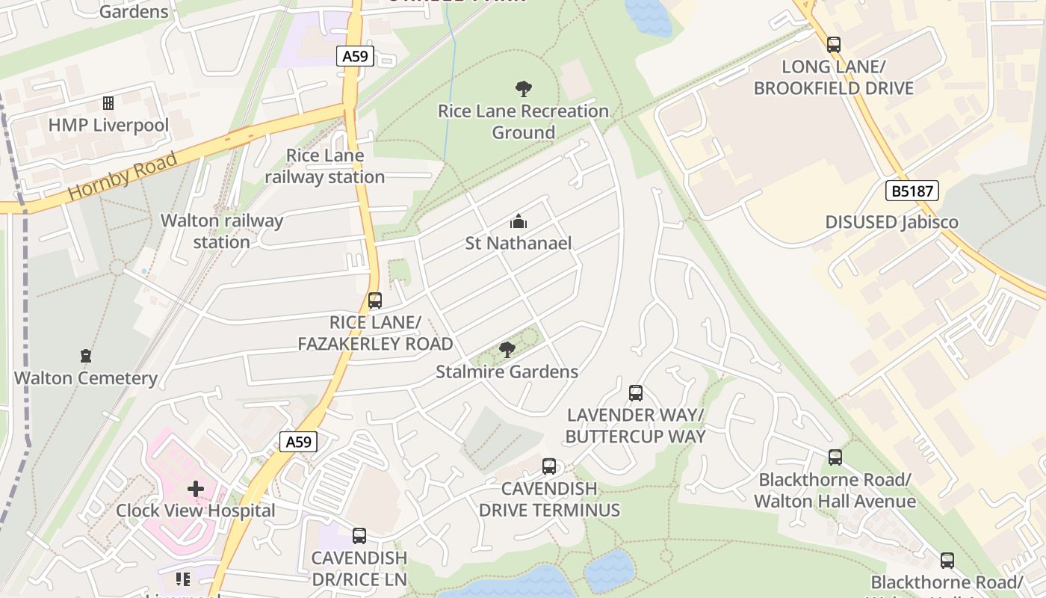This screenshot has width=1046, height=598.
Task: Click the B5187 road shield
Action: pos(912,191)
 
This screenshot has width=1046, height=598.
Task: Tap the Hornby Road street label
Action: pos(123,176)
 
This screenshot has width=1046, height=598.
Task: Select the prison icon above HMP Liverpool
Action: pos(108,103)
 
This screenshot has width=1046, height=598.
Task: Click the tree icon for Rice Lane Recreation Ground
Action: pos(524,89)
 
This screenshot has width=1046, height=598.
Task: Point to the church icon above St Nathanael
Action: pos(518,221)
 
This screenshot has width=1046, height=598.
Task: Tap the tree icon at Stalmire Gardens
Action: pos(507,349)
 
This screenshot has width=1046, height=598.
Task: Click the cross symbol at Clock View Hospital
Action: pos(196,489)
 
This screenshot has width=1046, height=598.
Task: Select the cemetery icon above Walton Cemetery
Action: pos(86,356)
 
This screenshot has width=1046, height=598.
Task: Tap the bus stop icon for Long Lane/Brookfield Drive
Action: pos(834,45)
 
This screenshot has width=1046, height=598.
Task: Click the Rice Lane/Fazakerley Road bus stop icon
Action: pos(375,300)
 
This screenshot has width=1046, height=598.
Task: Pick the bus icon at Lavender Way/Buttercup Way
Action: pos(636,393)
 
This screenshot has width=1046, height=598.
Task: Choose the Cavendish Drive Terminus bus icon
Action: pos(549,466)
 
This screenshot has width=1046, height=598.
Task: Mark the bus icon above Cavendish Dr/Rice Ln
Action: pos(359,536)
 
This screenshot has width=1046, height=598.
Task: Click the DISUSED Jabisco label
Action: pos(891,222)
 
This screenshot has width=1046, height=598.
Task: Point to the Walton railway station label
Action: pos(222,231)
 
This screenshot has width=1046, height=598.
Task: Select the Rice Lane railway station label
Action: pos(325,166)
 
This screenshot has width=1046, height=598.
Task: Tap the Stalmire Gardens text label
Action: pos(507,372)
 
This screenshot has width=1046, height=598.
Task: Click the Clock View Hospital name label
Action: pos(196,511)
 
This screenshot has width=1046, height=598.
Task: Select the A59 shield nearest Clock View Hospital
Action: pos(298,442)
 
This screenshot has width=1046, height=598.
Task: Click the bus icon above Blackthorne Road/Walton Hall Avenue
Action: pos(835,457)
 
